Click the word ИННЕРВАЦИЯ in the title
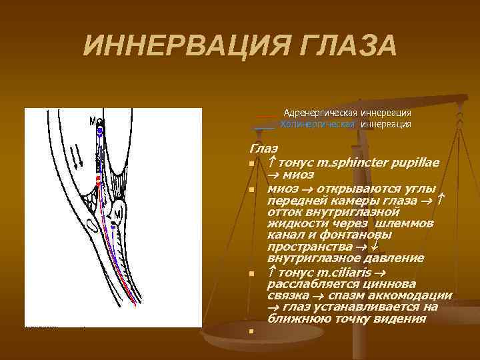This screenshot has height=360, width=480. (175, 46)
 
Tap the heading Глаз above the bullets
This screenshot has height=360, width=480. (263, 149)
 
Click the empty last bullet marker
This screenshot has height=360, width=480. (252, 331)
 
